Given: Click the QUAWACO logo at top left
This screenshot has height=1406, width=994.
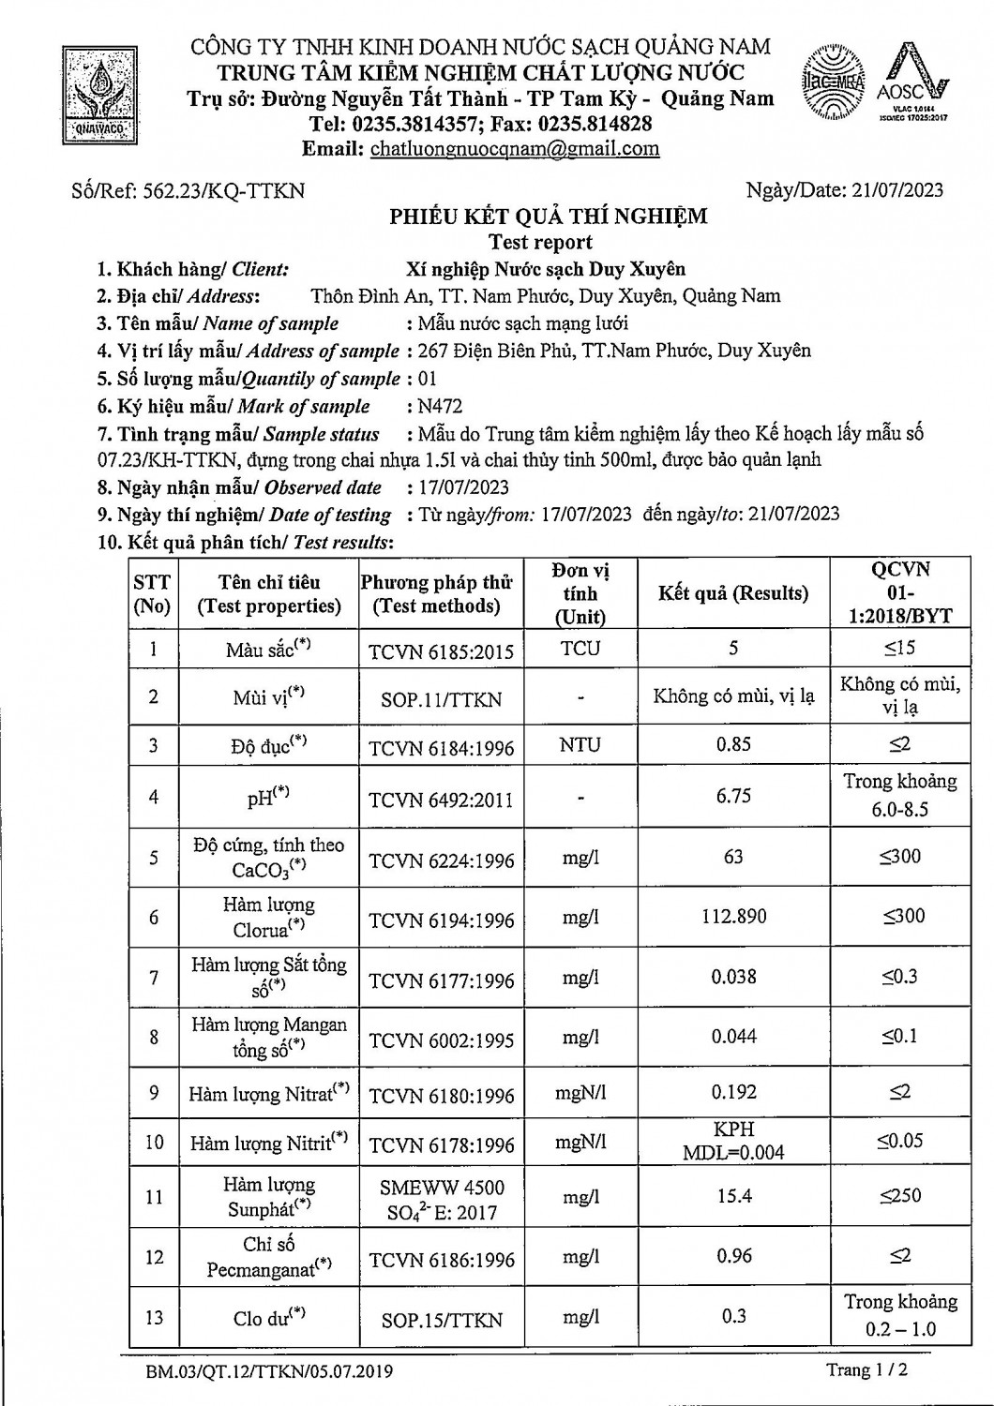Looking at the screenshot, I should (x=98, y=91).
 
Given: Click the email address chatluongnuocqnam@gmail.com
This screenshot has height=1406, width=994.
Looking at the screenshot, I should (x=515, y=148).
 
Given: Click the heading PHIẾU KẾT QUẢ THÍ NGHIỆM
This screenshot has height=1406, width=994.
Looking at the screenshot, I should (x=549, y=217).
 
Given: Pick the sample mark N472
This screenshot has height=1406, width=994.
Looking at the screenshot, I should (x=440, y=406).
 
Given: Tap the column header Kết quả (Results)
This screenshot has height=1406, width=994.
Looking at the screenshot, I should (x=732, y=593).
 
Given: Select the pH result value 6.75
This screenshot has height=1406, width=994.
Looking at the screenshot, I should (x=733, y=796).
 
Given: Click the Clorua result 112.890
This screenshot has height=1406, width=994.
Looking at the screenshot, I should (x=733, y=916).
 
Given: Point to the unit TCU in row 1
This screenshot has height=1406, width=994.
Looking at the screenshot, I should (x=580, y=649).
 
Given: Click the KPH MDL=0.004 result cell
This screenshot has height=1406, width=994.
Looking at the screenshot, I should (x=733, y=1142).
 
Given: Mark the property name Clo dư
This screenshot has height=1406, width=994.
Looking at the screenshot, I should (x=269, y=1318).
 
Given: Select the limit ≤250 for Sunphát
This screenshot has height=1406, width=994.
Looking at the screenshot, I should (x=900, y=1195).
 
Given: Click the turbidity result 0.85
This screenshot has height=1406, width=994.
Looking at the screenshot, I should (x=733, y=744).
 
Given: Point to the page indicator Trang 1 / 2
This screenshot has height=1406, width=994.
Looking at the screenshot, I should (x=866, y=1370).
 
